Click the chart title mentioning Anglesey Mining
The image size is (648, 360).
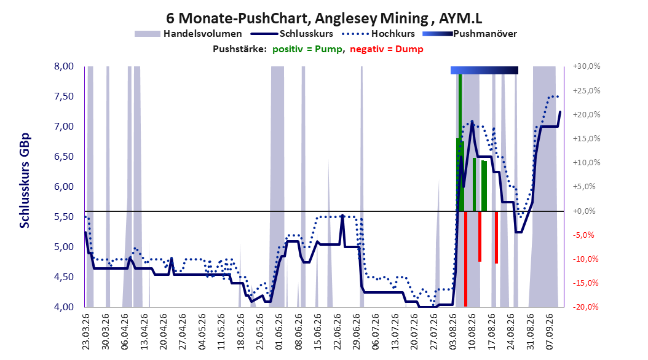(324, 18)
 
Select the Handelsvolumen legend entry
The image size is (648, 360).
(188, 34)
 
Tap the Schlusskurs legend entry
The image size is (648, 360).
(291, 34)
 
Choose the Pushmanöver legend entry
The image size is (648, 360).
(470, 34)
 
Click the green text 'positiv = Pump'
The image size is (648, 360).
(307, 49)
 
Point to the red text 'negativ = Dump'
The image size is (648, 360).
(387, 49)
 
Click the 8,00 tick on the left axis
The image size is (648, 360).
(64, 66)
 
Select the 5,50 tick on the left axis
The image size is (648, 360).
(64, 217)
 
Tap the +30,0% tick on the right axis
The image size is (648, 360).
(587, 66)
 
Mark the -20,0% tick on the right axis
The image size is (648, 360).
(587, 307)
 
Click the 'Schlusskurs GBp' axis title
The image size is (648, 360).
(25, 181)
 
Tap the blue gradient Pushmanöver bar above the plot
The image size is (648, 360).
(484, 71)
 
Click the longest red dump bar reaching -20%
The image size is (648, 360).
(466, 259)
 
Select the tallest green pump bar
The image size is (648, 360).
(460, 143)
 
